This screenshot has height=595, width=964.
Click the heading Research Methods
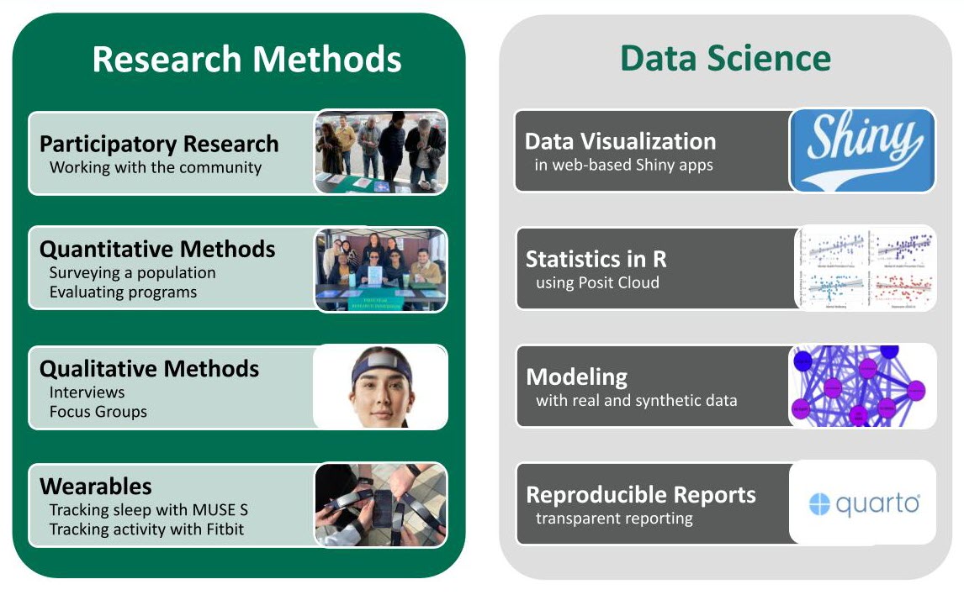click(x=246, y=60)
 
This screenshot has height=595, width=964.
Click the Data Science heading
click(x=725, y=59)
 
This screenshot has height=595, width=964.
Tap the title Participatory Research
click(x=159, y=144)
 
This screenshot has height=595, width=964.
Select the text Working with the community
click(x=156, y=167)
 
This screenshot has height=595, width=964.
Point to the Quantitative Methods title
click(x=157, y=249)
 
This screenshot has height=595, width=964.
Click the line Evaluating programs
click(x=123, y=292)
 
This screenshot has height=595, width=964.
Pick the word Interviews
click(x=87, y=392)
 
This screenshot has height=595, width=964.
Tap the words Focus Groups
click(x=98, y=412)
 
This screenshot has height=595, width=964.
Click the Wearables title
click(x=96, y=486)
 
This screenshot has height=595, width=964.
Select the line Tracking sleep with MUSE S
click(x=148, y=510)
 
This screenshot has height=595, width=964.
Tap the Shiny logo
click(x=861, y=149)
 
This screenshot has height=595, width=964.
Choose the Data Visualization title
click(x=620, y=141)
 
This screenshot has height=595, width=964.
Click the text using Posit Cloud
click(x=597, y=282)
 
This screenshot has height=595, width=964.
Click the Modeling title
click(x=576, y=376)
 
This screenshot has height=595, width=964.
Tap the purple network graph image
click(x=862, y=386)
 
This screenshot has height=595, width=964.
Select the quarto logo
click(x=863, y=504)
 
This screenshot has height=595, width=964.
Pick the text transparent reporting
click(x=614, y=519)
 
